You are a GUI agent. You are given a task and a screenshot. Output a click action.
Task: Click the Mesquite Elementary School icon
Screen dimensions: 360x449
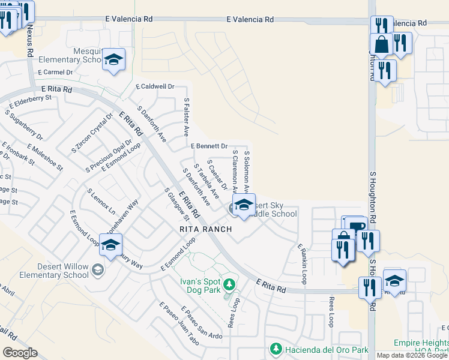[x=113, y=60]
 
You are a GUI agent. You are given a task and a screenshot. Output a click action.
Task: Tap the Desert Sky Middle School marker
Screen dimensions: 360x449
[x=244, y=205]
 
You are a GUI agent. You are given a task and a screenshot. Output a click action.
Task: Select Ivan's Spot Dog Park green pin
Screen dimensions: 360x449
[x=228, y=283]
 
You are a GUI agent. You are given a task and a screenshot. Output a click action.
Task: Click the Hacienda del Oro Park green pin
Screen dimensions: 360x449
[x=276, y=349]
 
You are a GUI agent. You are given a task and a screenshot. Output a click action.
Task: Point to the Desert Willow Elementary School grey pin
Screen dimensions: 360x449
[x=97, y=269]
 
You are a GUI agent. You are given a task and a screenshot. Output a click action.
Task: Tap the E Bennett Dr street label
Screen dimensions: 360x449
[x=209, y=146]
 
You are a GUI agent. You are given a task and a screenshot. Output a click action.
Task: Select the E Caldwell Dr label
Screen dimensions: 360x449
[x=155, y=86]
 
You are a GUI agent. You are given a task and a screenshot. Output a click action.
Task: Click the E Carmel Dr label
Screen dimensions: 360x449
[x=55, y=72]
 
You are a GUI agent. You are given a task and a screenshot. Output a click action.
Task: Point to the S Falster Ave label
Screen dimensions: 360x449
[x=187, y=116]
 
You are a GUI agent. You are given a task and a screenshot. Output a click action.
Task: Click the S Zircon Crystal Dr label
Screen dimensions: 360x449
[x=92, y=133]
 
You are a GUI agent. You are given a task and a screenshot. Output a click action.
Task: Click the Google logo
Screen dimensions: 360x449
[x=20, y=353]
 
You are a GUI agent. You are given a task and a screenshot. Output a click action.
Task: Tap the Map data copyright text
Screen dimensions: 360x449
[x=411, y=355]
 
